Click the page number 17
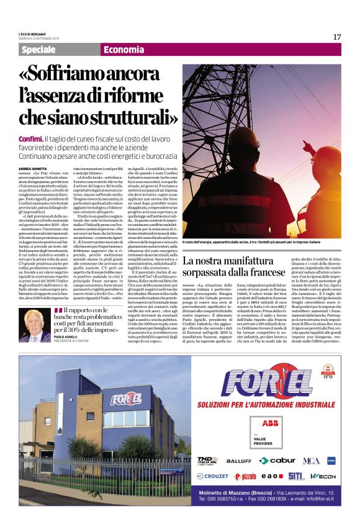pyautogui.click(x=336, y=37)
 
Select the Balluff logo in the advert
pyautogui.click(x=238, y=461)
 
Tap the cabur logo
pyautogui.click(x=277, y=461)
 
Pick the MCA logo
pyautogui.click(x=311, y=461)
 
